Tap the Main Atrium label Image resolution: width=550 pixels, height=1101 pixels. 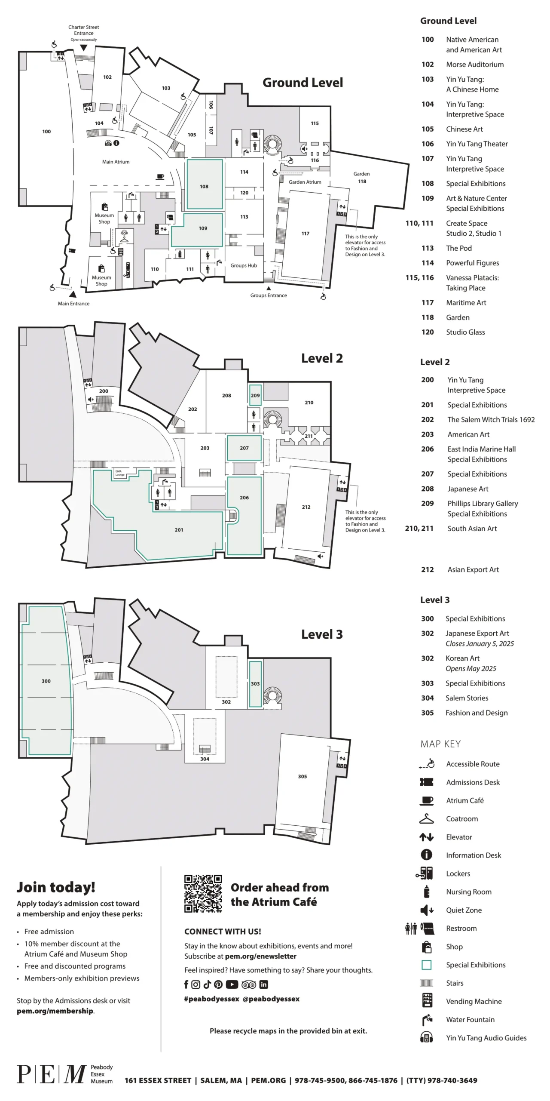(x=116, y=162)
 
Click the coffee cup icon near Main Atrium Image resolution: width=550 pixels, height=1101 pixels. (x=160, y=176)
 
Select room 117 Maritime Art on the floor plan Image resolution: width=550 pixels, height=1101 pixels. (x=305, y=234)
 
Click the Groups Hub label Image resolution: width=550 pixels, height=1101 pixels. (x=244, y=265)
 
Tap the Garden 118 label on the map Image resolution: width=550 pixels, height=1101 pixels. (x=362, y=178)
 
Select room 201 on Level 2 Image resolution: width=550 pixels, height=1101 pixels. (x=179, y=530)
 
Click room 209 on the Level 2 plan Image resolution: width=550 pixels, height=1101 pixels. (x=255, y=395)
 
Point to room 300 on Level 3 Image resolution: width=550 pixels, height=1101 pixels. (x=46, y=681)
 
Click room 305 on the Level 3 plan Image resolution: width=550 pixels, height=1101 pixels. (x=302, y=777)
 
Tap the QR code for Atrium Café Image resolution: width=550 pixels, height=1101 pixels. (x=203, y=894)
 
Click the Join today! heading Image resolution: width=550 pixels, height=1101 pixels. (x=56, y=887)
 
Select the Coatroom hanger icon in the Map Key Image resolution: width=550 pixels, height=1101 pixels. (x=426, y=819)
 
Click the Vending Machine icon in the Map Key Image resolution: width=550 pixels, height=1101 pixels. (x=427, y=1000)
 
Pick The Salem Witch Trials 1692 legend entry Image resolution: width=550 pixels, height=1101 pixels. (x=491, y=420)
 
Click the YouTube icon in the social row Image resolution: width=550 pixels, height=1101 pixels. (x=232, y=984)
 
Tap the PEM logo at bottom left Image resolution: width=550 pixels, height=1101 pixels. (x=52, y=1074)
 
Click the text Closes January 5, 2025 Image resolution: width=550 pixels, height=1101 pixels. (x=480, y=644)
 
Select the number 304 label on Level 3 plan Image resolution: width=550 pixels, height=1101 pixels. (x=205, y=759)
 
